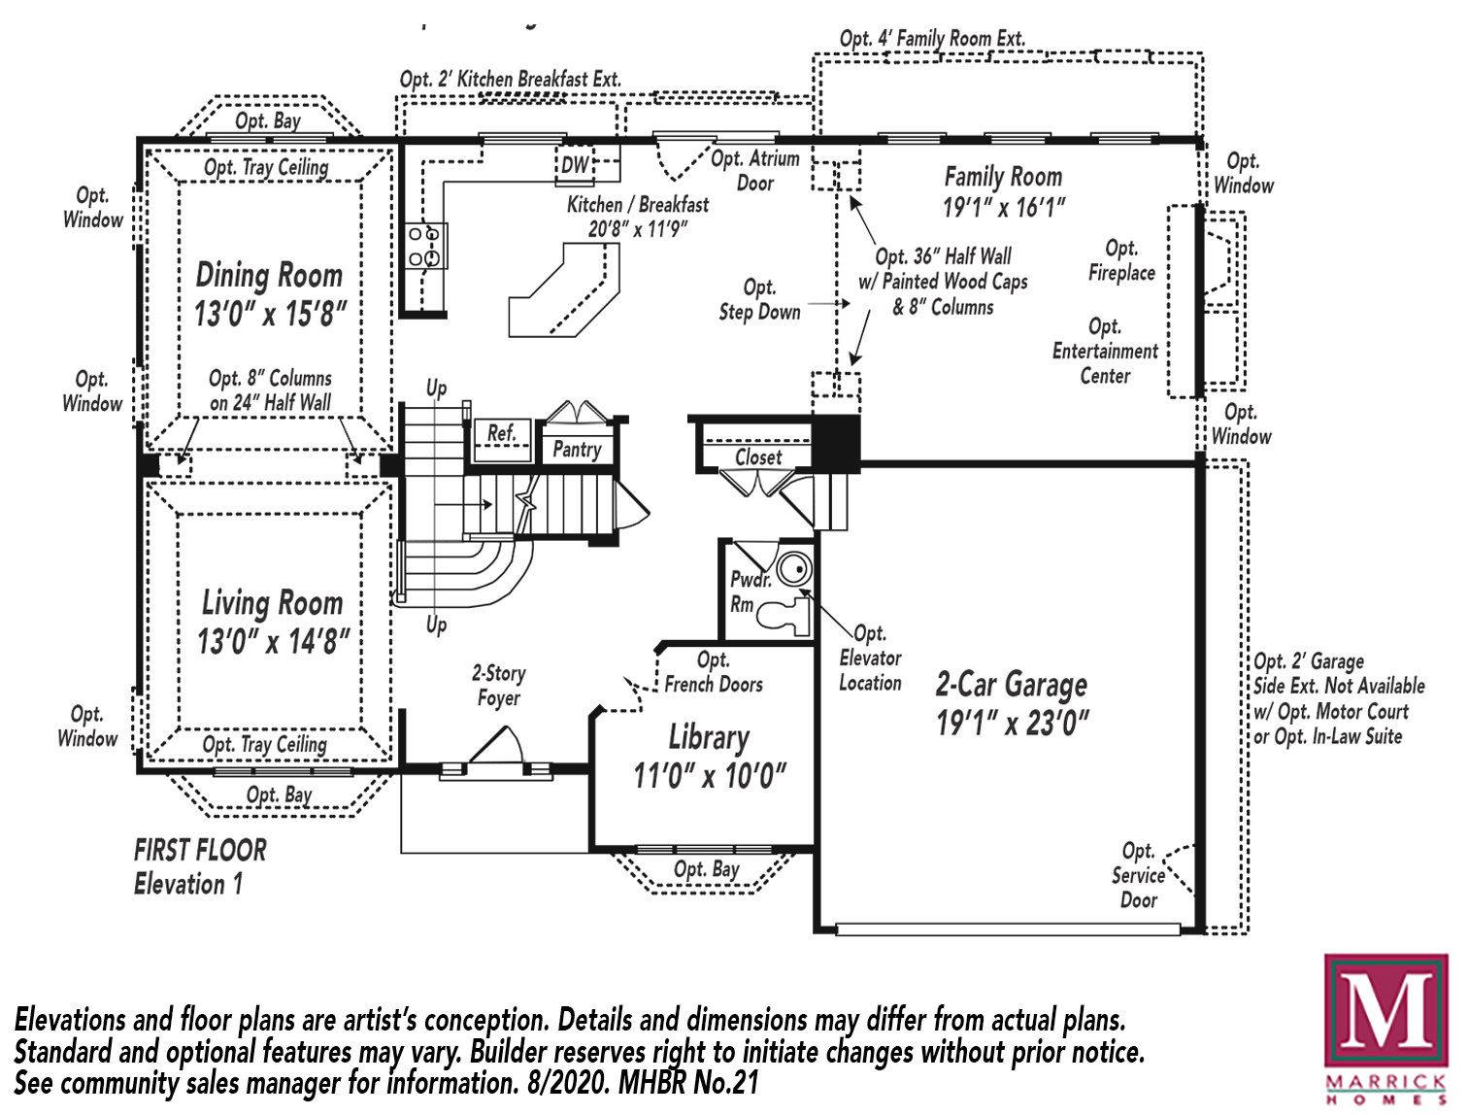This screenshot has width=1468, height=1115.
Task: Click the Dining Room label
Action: pyautogui.click(x=269, y=275)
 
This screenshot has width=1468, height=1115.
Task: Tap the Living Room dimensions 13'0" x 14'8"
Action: pyautogui.click(x=273, y=641)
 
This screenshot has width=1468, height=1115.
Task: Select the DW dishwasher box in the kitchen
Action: pyautogui.click(x=574, y=164)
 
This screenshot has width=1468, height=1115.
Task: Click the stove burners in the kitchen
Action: pyautogui.click(x=425, y=246)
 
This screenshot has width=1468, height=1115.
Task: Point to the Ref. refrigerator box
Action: pyautogui.click(x=502, y=440)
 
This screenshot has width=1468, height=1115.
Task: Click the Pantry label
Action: pyautogui.click(x=577, y=450)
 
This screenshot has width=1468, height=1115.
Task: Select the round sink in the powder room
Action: pyautogui.click(x=795, y=570)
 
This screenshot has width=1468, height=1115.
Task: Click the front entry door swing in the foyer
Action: pyautogui.click(x=495, y=744)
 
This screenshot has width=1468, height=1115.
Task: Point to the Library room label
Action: pyautogui.click(x=709, y=738)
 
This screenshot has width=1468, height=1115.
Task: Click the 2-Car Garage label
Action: pyautogui.click(x=1012, y=685)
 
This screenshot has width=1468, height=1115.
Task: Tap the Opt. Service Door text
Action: pyautogui.click(x=1138, y=875)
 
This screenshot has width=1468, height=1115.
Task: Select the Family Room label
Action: pyautogui.click(x=1003, y=177)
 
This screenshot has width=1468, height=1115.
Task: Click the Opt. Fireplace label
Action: pyautogui.click(x=1121, y=260)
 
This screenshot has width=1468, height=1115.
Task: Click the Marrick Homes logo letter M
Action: pyautogui.click(x=1385, y=1010)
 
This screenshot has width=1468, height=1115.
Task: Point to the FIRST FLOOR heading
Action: pyautogui.click(x=200, y=850)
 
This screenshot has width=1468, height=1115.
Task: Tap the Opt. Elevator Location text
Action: pyautogui.click(x=870, y=659)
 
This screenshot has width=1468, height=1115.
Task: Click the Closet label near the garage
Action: pyautogui.click(x=757, y=457)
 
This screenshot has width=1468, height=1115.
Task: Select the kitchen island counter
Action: pyautogui.click(x=564, y=290)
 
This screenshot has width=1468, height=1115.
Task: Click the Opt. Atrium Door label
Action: pyautogui.click(x=755, y=171)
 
